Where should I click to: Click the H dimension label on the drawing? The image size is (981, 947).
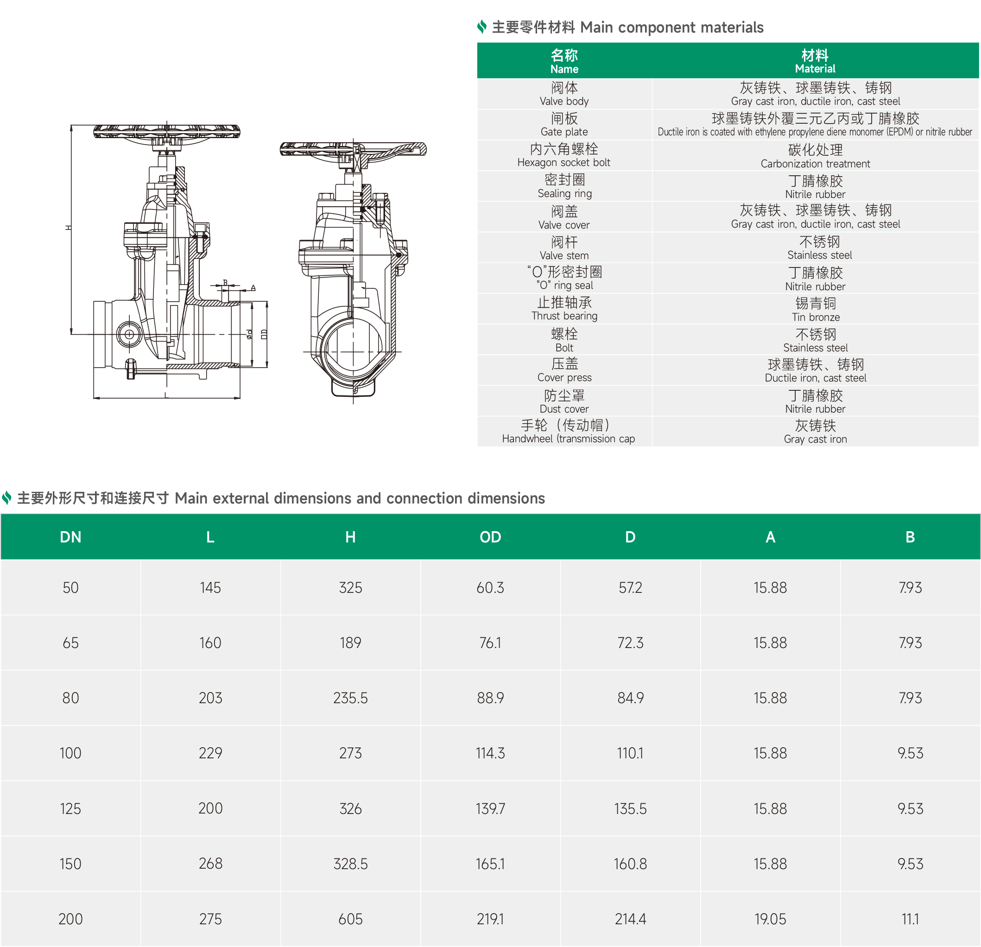coord(69,228)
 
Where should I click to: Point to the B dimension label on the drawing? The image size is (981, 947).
coord(225,282)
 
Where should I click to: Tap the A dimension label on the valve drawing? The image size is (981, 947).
coord(253,288)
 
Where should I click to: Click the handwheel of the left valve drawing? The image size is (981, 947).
coord(167,132)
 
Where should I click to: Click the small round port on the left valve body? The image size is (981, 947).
coord(129,334)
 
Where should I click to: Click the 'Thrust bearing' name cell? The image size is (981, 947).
coord(564,309)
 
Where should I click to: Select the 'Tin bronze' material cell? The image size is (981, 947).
coord(815,309)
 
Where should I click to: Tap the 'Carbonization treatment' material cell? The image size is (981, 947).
coord(815,156)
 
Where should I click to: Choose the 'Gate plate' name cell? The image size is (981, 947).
coord(564,125)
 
